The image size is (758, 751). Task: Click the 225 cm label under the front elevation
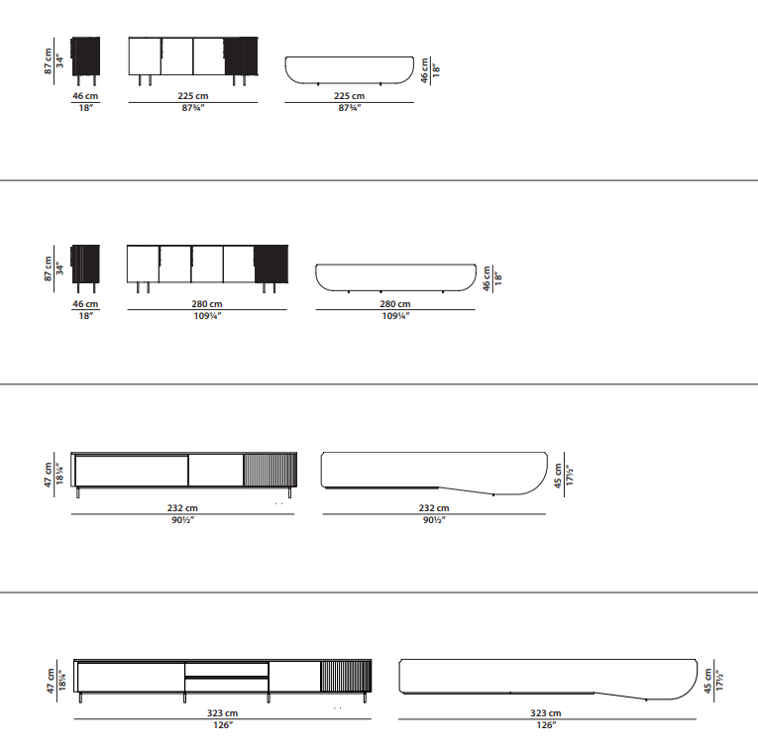(x=193, y=96)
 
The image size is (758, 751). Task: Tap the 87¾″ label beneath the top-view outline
(x=350, y=108)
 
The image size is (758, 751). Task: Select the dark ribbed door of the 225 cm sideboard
(x=241, y=56)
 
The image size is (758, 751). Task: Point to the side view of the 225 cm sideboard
(x=85, y=60)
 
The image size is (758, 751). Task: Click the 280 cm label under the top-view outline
(x=395, y=304)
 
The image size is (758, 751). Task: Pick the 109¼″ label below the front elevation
(x=207, y=316)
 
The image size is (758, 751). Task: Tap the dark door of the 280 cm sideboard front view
(x=271, y=264)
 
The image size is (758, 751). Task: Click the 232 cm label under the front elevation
(x=182, y=508)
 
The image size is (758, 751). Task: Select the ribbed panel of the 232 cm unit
(x=270, y=470)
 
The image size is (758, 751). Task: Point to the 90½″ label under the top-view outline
(x=434, y=520)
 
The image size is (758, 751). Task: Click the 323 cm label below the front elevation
(x=222, y=712)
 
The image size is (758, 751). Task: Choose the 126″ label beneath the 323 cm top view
(x=546, y=725)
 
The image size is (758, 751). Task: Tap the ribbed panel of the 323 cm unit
(x=346, y=676)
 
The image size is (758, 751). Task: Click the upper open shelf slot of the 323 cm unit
(x=227, y=670)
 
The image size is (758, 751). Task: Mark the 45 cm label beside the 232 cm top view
(x=558, y=476)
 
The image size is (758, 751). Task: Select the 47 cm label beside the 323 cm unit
(x=51, y=681)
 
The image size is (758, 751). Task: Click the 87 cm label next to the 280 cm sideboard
(x=48, y=268)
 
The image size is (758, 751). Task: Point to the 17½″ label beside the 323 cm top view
(x=719, y=681)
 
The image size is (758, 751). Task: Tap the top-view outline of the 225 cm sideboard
(x=350, y=70)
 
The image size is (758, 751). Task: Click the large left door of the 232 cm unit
(x=132, y=471)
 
